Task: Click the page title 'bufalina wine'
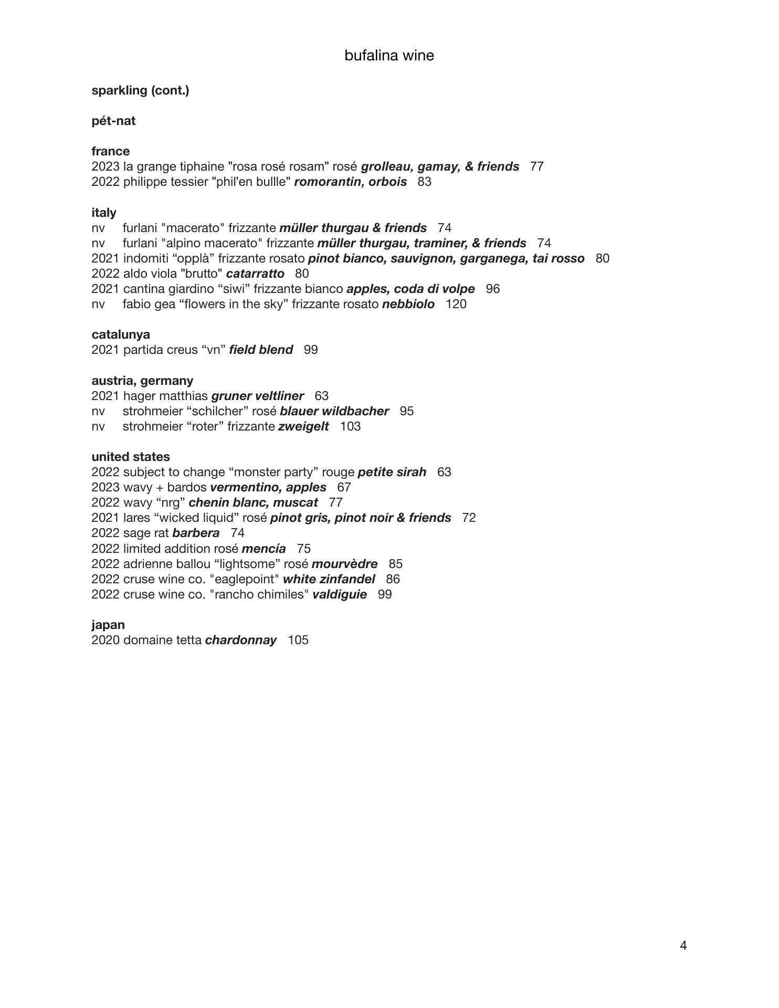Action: (x=389, y=56)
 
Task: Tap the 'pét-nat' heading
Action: (x=113, y=121)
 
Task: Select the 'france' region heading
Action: (x=110, y=151)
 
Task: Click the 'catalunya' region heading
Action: (x=120, y=334)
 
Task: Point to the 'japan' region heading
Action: (x=108, y=625)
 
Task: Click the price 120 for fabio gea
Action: (x=456, y=304)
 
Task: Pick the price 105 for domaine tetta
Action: (x=298, y=640)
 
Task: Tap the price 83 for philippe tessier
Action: (x=424, y=182)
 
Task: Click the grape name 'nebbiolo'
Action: (x=408, y=304)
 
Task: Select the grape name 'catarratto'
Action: (x=255, y=274)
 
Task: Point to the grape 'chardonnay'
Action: (x=240, y=640)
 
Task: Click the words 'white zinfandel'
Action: (x=329, y=579)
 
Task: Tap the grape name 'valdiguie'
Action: (x=339, y=594)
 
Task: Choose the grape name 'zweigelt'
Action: (x=303, y=426)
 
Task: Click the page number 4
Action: (x=683, y=946)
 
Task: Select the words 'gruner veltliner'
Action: (x=257, y=396)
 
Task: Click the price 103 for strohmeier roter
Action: (x=350, y=426)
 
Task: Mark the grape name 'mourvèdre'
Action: (x=344, y=564)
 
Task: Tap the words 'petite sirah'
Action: (x=392, y=472)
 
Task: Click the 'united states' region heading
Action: (x=131, y=457)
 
